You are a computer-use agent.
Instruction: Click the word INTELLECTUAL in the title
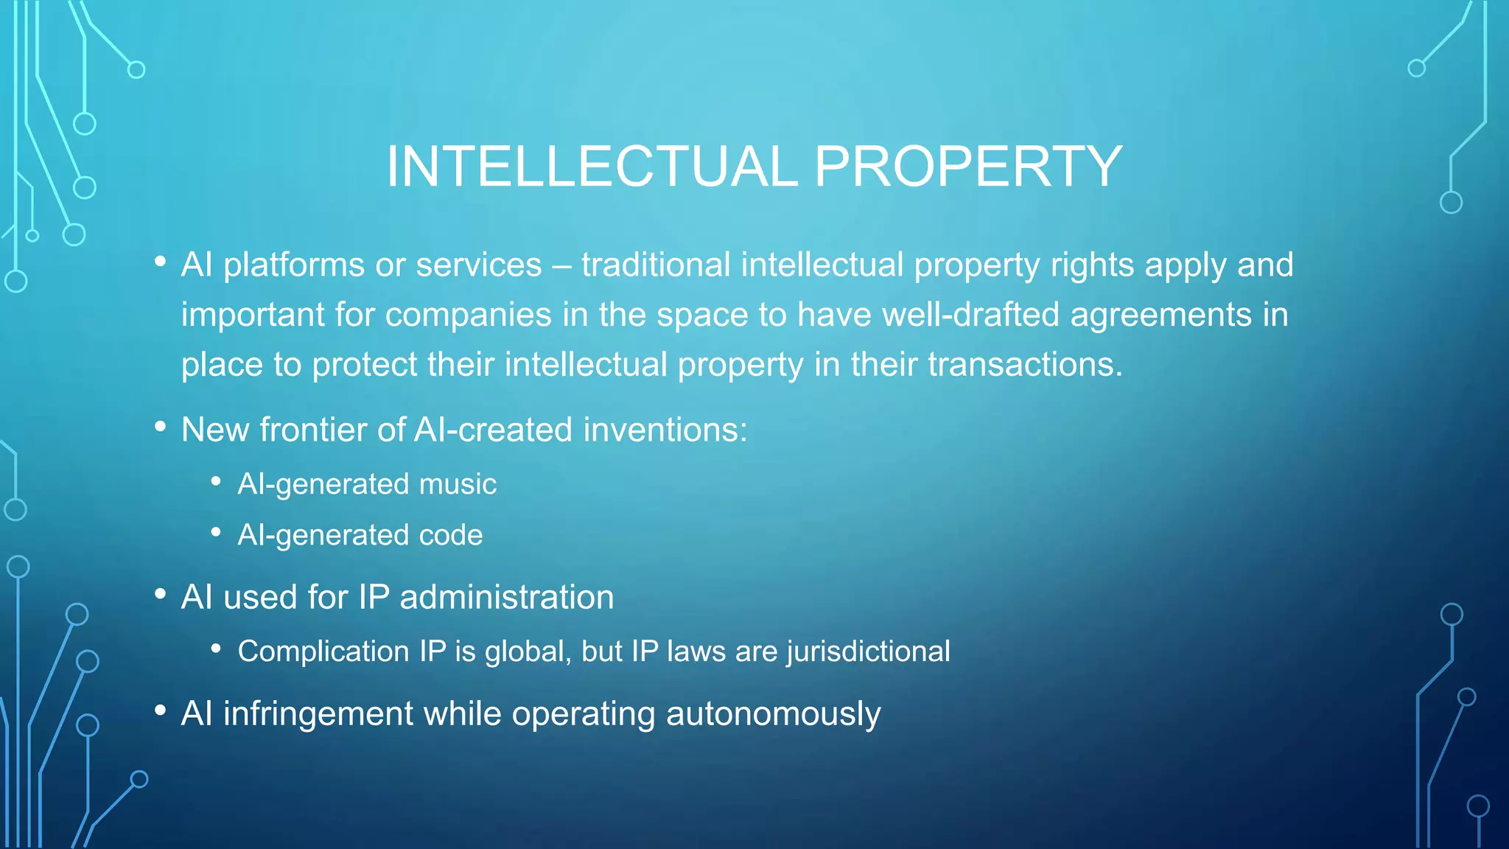(592, 167)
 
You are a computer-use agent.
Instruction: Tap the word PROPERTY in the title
(968, 167)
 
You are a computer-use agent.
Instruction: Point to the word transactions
(1024, 364)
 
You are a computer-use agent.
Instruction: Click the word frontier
(313, 430)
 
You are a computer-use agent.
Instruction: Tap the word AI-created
(493, 430)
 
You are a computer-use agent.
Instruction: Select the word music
(458, 484)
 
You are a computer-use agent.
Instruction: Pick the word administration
(506, 597)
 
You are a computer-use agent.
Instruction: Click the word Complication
(323, 651)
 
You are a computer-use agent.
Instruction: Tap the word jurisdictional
(868, 651)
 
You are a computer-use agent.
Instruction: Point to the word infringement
(318, 713)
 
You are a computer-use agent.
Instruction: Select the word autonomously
(773, 713)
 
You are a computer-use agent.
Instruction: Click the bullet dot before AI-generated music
(216, 482)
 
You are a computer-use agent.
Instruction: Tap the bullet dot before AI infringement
(160, 710)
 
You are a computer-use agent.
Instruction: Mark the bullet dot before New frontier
(160, 427)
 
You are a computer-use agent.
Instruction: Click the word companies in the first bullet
(468, 315)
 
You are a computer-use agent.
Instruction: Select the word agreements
(1160, 315)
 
